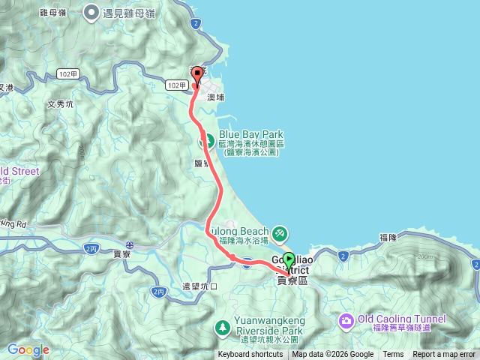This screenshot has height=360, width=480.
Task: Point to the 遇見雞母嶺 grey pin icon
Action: click(91, 12)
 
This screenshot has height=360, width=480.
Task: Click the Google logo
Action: click(28, 349)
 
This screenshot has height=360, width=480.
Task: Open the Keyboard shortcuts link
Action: click(250, 355)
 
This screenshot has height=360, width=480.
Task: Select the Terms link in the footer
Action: click(393, 355)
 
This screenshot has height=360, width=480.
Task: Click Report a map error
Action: click(445, 355)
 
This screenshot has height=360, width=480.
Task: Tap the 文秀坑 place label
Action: click(60, 104)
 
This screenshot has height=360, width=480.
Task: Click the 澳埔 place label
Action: click(217, 97)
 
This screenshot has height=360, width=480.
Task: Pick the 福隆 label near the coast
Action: click(388, 237)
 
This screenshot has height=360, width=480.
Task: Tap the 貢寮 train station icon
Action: click(130, 244)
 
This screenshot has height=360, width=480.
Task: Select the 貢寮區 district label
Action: click(292, 280)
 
